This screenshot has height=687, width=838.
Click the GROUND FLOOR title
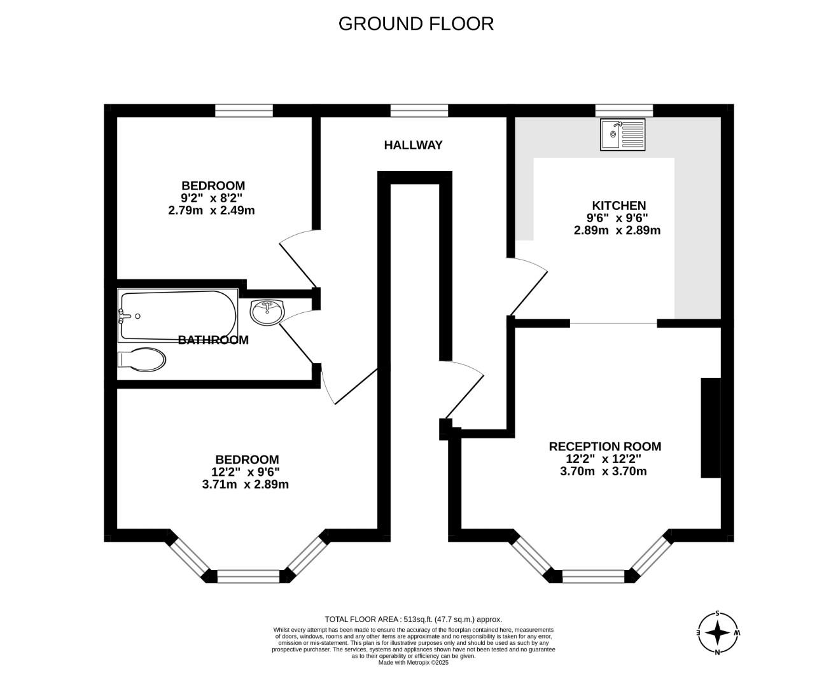(x=416, y=24)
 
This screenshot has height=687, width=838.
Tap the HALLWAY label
(x=413, y=145)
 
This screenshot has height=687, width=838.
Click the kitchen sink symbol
(x=622, y=135)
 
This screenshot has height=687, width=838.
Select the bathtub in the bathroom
(x=178, y=316)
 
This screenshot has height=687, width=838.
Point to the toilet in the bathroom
(x=143, y=359)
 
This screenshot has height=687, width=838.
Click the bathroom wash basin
(x=268, y=311)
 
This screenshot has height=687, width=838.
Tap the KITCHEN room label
(x=618, y=205)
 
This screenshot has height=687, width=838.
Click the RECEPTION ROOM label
(x=604, y=447)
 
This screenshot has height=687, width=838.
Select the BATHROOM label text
(x=213, y=340)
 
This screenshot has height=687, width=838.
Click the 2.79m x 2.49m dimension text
(x=211, y=211)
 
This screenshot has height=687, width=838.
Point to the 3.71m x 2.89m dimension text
(x=245, y=484)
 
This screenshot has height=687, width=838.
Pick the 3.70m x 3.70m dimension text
(x=603, y=471)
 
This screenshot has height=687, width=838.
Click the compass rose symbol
(x=718, y=633)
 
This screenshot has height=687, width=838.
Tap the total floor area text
(x=413, y=619)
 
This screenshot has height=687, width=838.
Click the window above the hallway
(x=419, y=111)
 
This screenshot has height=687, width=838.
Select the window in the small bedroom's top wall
(x=244, y=111)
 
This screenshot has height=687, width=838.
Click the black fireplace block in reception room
(x=710, y=427)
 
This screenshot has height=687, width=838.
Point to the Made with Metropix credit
(x=413, y=662)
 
